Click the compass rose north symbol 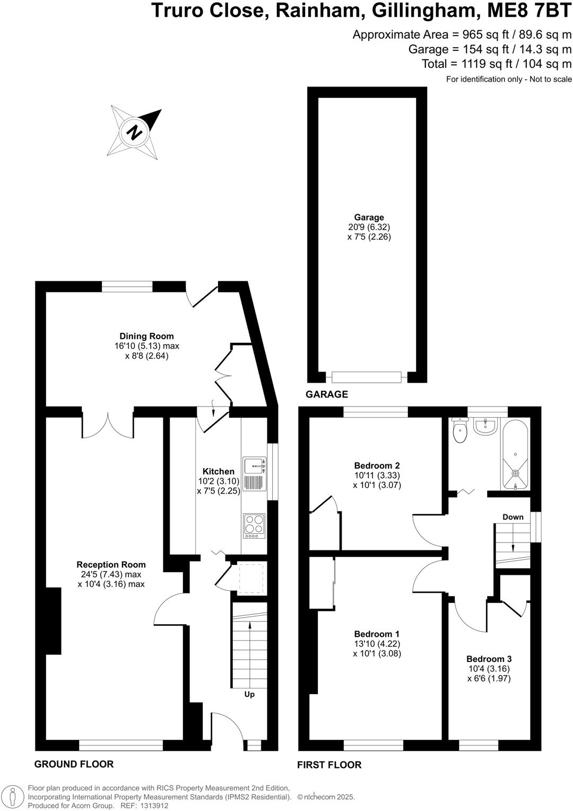click(x=136, y=132)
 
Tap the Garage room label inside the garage click(x=369, y=218)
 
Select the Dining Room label click(x=146, y=336)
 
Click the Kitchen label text click(x=218, y=471)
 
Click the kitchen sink click(x=254, y=467)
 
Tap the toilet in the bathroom click(x=459, y=430)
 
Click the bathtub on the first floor click(x=515, y=454)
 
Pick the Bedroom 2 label click(x=377, y=466)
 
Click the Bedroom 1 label click(x=377, y=634)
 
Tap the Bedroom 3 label click(x=489, y=659)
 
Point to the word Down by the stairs click(x=513, y=517)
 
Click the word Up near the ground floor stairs click(x=249, y=694)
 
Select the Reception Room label click(x=111, y=564)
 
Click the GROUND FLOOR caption click(x=74, y=764)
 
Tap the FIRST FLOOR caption click(x=329, y=765)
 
